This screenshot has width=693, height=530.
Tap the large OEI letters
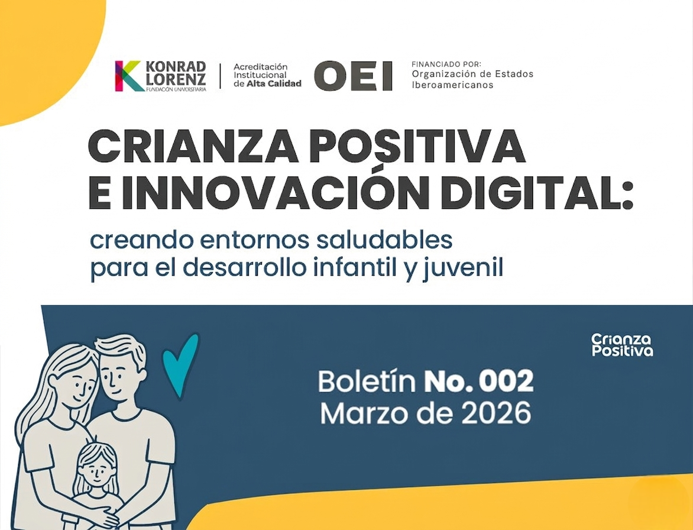(x=353, y=76)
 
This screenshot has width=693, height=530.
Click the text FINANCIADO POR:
(x=446, y=64)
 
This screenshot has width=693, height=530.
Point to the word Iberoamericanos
(x=452, y=85)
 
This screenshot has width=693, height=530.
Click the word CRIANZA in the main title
(x=193, y=147)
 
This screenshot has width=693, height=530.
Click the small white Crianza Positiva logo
(x=622, y=345)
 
